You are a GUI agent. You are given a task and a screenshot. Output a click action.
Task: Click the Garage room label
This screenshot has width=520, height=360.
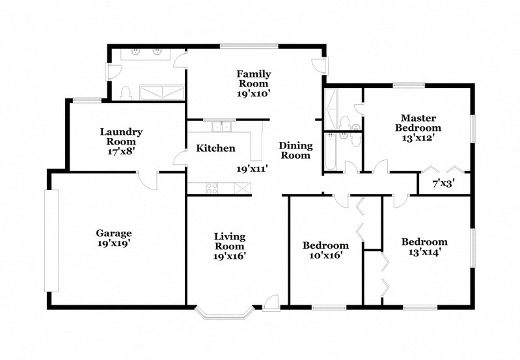point(114,233)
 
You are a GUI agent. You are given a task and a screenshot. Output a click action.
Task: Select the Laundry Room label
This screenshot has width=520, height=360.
point(121,137)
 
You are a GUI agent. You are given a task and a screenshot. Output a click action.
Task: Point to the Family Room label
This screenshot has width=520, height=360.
point(253,79)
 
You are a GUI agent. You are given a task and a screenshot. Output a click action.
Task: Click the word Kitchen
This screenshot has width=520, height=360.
point(215,148)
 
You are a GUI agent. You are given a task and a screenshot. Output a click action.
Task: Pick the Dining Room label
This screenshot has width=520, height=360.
point(296,150)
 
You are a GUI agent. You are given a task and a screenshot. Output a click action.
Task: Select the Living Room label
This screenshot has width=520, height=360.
point(230,242)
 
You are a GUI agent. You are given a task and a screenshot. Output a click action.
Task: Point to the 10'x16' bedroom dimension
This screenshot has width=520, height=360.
point(325,255)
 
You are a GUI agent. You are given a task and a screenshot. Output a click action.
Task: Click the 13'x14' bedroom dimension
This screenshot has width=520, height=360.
point(424,251)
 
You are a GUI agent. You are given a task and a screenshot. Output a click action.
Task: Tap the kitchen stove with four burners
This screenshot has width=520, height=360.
point(212,189)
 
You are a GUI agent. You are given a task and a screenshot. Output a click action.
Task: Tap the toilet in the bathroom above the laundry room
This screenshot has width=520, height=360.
point(128,93)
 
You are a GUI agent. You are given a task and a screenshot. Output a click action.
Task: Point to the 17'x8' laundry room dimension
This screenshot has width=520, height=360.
point(121,152)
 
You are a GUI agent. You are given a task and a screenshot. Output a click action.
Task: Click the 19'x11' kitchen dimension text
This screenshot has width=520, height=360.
point(253,168)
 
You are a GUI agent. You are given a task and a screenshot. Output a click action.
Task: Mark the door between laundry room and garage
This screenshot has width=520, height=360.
point(147,180)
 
